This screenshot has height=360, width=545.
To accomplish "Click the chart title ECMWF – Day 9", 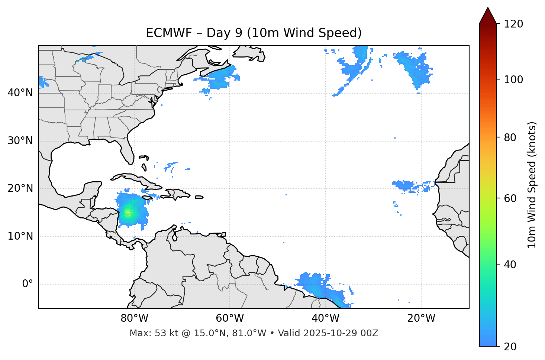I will tap(254, 33).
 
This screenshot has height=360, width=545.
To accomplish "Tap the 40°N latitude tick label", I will tap(20, 93).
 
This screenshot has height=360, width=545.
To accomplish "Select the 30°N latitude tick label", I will tap(20, 141).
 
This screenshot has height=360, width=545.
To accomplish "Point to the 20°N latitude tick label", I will tap(20, 188).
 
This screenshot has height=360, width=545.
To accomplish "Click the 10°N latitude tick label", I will tap(20, 236).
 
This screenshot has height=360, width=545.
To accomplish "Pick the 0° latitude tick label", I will tap(28, 284).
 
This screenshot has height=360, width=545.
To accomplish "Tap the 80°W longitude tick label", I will tap(134, 318).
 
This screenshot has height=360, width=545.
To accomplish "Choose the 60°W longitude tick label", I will tap(230, 318).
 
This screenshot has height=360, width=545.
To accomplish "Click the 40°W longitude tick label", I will tap(325, 318).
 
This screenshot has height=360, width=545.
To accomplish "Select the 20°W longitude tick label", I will tap(421, 318).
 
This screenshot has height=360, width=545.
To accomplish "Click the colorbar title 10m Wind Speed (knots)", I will tap(532, 185).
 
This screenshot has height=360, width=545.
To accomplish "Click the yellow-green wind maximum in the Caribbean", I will tap(128, 213).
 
